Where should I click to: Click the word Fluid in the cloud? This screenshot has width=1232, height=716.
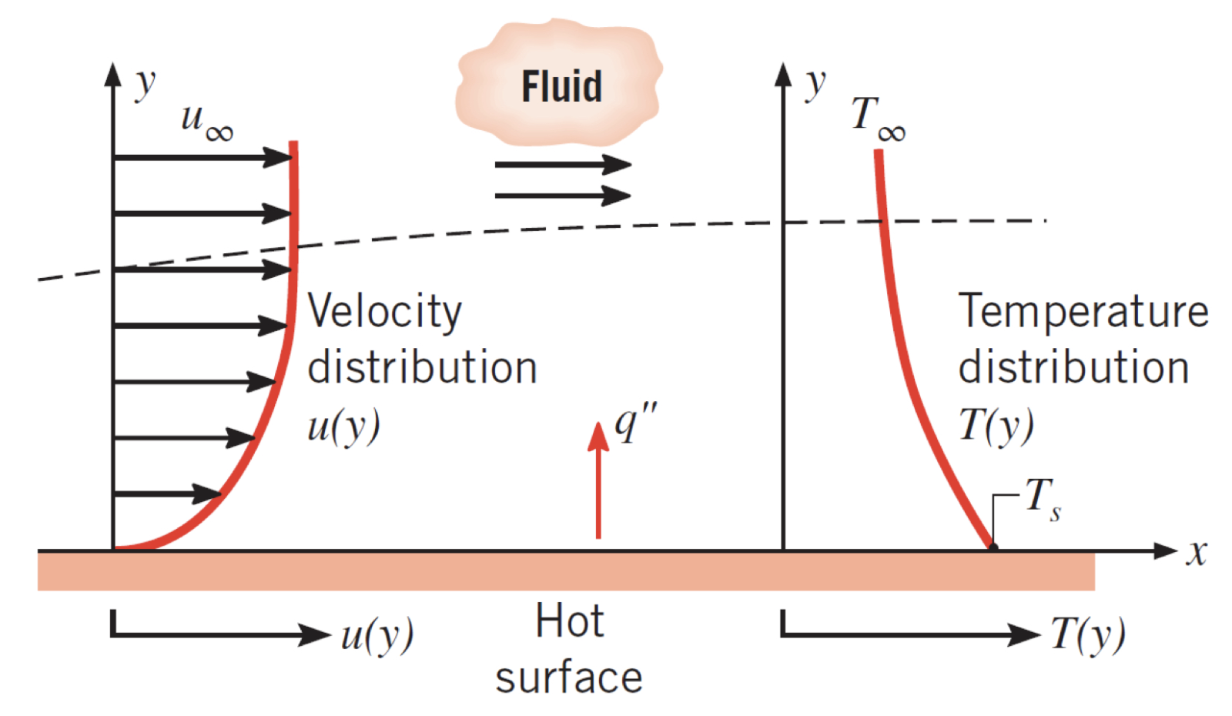(x=561, y=86)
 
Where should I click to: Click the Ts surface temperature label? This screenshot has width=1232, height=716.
(x=1043, y=499)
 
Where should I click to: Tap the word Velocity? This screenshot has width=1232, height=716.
(x=384, y=313)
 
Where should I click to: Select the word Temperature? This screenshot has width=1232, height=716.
(x=1083, y=311)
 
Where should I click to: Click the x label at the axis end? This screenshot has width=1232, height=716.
(x=1196, y=552)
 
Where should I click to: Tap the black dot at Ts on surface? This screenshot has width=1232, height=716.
(x=993, y=547)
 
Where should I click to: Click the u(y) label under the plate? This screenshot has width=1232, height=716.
(x=377, y=635)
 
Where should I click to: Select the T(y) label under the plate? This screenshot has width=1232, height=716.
(x=1087, y=635)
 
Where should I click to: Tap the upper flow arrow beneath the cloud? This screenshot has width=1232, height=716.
(x=562, y=164)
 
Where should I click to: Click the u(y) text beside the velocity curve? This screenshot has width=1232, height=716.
(x=343, y=426)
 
